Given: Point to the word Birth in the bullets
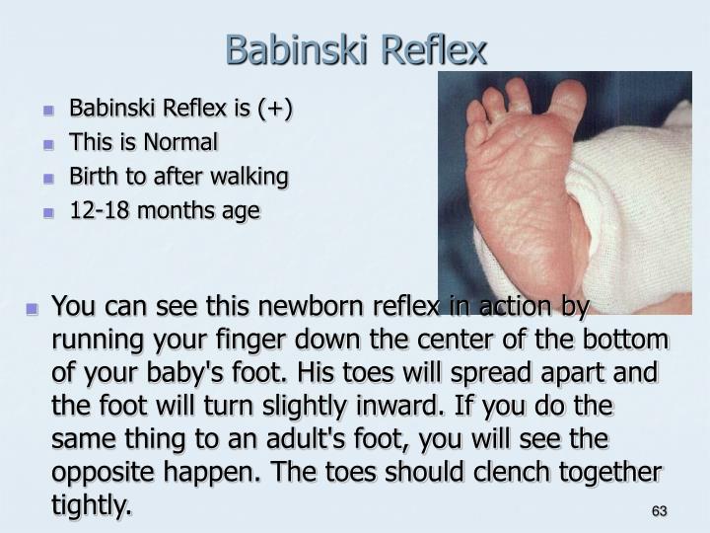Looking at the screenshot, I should click(92, 177).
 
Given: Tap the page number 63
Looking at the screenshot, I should click(660, 511).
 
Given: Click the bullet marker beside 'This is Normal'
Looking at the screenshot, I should click(48, 144).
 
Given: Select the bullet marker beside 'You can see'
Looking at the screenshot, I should click(33, 309).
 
